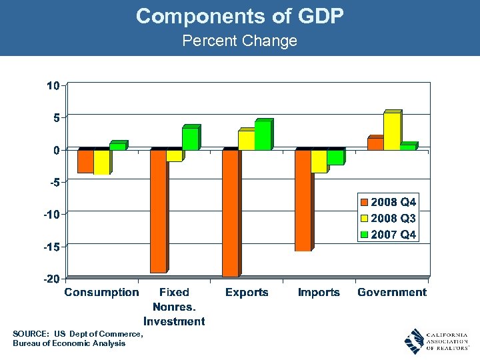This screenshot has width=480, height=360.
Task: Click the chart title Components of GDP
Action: tap(239, 16)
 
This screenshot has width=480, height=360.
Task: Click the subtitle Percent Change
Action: tap(239, 41)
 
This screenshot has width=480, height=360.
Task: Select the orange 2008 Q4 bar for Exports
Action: tap(230, 213)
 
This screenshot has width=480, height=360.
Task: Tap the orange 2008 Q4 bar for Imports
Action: tap(303, 200)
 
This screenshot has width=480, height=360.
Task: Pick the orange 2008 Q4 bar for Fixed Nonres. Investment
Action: tap(158, 211)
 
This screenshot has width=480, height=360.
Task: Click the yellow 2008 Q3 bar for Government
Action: tap(392, 131)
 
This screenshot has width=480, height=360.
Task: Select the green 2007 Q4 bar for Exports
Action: tap(263, 136)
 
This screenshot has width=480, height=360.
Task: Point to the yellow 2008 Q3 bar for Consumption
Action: tap(101, 162)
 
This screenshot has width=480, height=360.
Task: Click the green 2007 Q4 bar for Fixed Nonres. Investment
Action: tap(190, 139)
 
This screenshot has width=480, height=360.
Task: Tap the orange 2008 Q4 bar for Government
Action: tap(375, 144)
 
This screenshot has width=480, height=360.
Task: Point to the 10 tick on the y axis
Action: tap(53, 85)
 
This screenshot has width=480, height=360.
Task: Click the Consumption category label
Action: tap(101, 293)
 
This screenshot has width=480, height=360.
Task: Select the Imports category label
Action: tap(319, 293)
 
